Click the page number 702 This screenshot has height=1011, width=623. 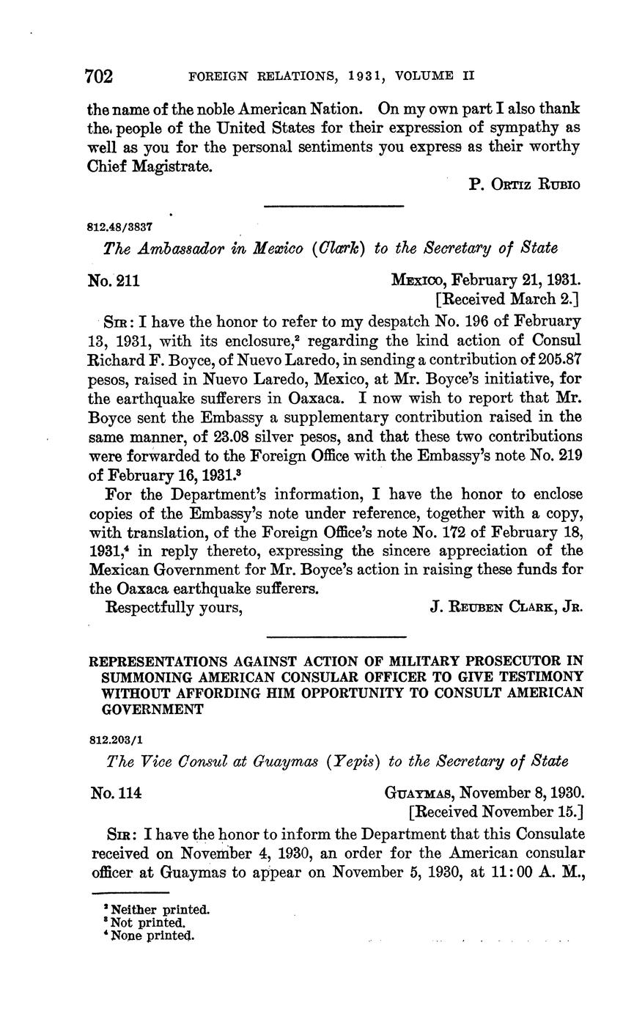tap(99, 76)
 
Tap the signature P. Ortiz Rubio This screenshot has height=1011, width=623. tap(524, 184)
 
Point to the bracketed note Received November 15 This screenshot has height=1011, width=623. tap(495, 812)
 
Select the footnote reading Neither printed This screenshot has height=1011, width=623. tap(158, 910)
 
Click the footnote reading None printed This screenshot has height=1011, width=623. tap(152, 935)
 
